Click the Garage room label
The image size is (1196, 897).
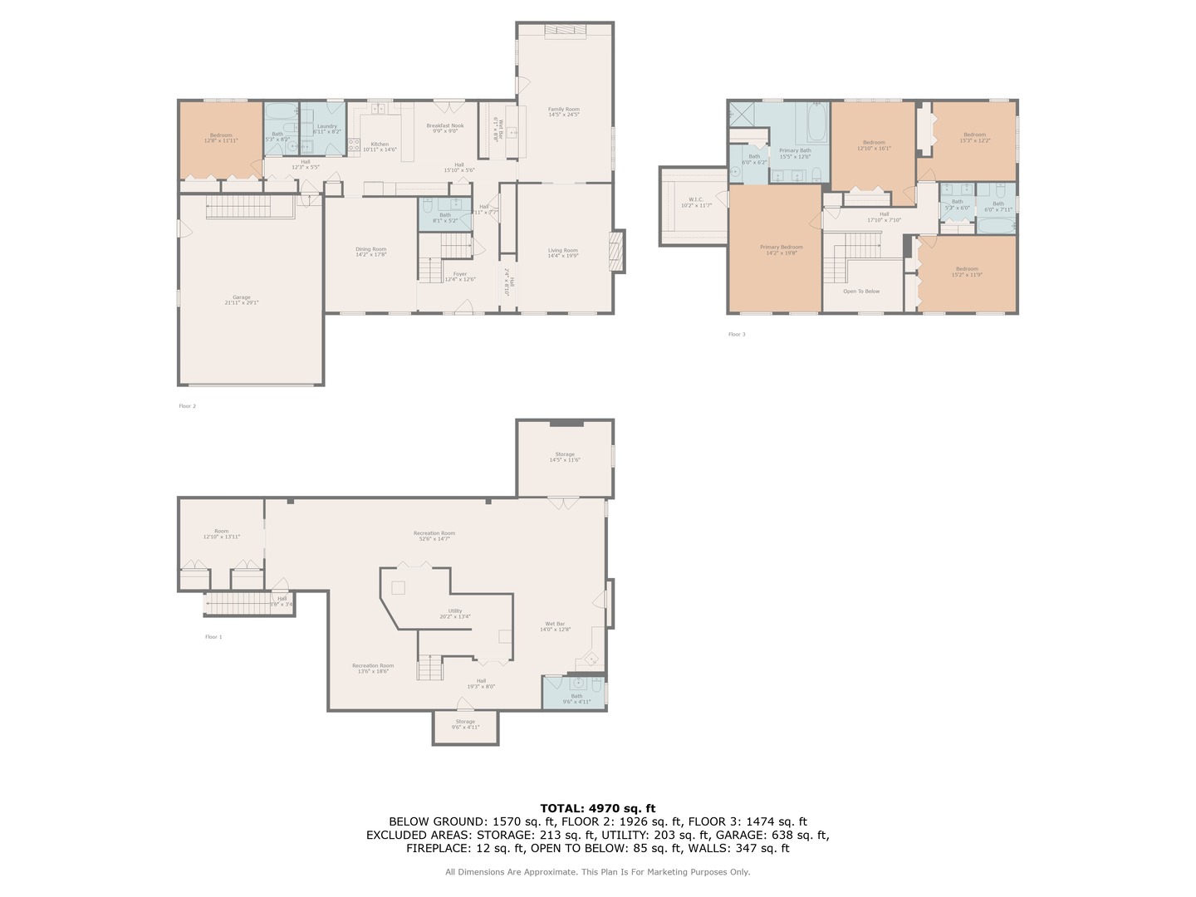click(241, 300)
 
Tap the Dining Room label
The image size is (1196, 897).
click(371, 252)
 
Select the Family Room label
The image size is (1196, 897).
click(563, 111)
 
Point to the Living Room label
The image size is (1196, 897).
click(562, 252)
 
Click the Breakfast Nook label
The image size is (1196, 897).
click(445, 128)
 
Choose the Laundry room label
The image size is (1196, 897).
click(326, 129)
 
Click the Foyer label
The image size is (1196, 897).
click(459, 277)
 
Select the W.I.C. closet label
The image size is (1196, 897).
click(695, 202)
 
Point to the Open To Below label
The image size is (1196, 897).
click(861, 292)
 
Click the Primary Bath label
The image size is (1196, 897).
click(795, 153)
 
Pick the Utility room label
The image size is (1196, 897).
click(455, 613)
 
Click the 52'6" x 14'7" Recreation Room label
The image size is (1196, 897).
click(434, 536)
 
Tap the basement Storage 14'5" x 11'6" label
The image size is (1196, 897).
click(565, 457)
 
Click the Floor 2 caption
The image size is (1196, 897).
click(188, 406)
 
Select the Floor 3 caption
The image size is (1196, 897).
click(737, 335)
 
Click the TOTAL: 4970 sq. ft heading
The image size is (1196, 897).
click(597, 808)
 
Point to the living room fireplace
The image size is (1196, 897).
click(616, 251)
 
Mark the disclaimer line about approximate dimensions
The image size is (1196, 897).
click(597, 872)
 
